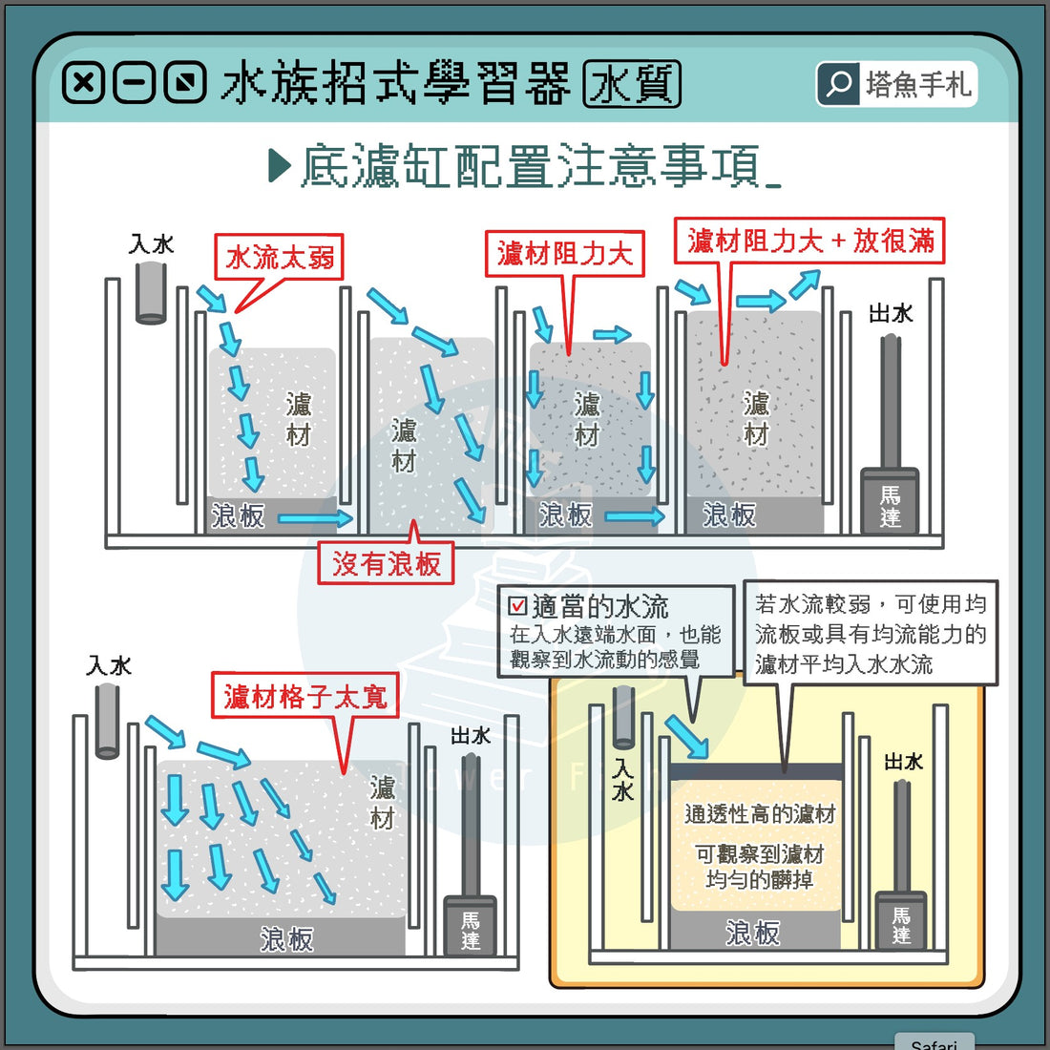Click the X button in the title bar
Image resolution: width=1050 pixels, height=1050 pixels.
(83, 83)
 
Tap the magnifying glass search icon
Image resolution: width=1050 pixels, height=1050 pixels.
(838, 84)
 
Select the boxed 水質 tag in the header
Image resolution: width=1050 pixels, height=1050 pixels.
(632, 84)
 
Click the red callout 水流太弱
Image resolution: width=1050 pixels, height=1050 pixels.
(280, 258)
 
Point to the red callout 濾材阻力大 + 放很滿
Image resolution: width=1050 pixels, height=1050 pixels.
(809, 241)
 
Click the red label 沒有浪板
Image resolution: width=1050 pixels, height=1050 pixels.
(386, 563)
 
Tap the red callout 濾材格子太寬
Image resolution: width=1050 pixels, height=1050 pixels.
(305, 697)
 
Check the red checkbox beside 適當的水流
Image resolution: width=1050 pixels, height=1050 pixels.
(517, 606)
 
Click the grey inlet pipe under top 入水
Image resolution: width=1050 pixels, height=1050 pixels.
(151, 291)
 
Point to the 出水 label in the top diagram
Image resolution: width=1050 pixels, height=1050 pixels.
(891, 313)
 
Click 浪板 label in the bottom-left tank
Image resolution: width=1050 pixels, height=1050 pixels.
(286, 939)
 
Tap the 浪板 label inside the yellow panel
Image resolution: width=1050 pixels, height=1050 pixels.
(752, 933)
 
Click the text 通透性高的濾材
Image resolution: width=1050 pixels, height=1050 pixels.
(760, 814)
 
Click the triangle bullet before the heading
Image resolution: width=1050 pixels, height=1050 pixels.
(280, 166)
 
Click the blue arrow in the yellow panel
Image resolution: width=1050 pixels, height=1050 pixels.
(687, 737)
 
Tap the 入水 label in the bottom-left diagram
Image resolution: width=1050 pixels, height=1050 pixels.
(109, 665)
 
